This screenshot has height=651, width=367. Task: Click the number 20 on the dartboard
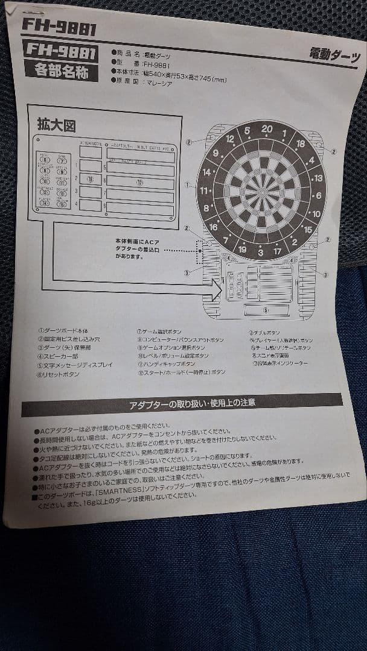coord(267,129)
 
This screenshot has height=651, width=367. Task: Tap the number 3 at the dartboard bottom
coord(260,252)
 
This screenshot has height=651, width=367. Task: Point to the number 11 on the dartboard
coord(205,191)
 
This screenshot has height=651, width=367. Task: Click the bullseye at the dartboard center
coord(261,192)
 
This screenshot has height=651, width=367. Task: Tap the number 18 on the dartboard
coord(300,144)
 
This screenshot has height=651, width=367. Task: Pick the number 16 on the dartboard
coord(212,227)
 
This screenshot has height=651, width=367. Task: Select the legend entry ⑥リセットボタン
coord(59,375)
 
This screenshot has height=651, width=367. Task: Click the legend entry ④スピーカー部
coord(58,357)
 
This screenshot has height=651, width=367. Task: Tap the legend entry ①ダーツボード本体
coord(63,330)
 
